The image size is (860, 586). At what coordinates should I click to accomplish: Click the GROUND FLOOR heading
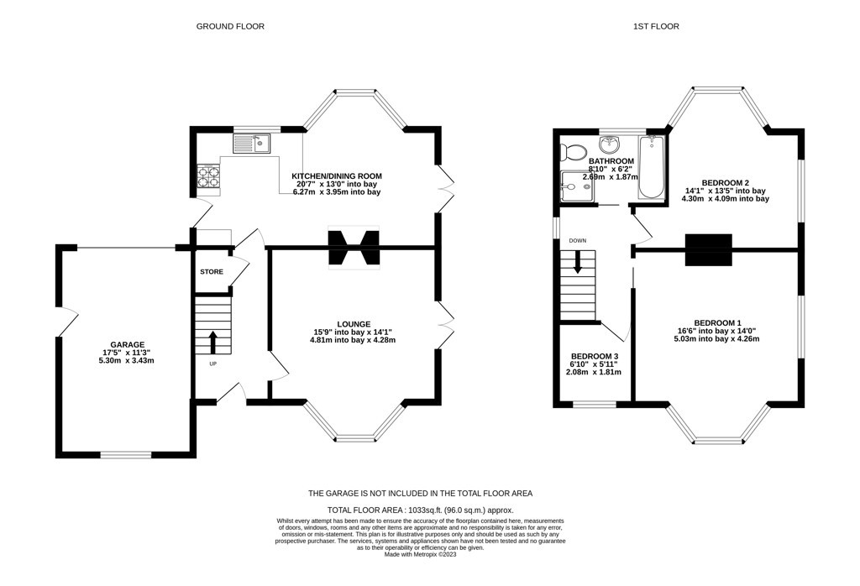(230, 26)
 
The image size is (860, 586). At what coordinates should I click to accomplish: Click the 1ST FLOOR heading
(656, 26)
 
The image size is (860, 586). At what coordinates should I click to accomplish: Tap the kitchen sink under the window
(252, 144)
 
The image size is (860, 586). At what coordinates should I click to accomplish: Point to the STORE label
(212, 272)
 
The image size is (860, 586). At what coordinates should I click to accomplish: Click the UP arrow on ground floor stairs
(212, 342)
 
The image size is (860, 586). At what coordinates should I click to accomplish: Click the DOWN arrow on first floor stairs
(577, 262)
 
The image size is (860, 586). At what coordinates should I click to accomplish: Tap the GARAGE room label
(128, 345)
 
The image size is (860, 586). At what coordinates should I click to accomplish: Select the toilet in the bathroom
(573, 151)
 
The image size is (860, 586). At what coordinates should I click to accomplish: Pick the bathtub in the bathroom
(651, 168)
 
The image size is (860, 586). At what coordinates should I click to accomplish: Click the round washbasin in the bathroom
(610, 144)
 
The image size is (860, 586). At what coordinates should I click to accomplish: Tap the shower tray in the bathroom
(577, 186)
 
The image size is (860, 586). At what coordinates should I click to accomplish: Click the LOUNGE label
(354, 324)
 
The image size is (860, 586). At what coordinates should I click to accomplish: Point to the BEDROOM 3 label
(595, 356)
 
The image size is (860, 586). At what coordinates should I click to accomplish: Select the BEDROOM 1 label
(717, 323)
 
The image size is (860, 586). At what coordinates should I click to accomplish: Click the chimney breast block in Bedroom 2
(709, 250)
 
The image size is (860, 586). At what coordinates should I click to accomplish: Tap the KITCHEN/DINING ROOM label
(338, 176)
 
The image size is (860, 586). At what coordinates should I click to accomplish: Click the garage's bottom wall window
(126, 454)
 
